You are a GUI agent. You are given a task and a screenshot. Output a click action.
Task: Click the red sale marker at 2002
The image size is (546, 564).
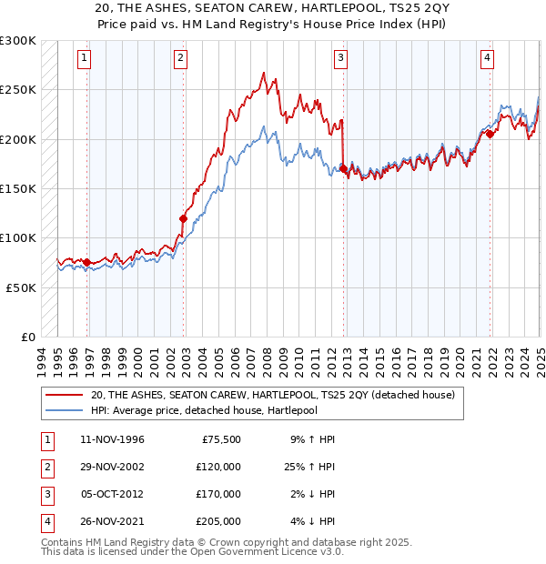[x=183, y=218]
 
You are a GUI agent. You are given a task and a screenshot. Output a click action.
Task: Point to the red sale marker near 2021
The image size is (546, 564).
[x=490, y=135]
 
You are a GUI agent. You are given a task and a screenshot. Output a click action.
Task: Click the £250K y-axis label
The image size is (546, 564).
[x=18, y=90]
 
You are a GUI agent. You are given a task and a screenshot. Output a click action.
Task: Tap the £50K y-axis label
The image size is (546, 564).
[x=21, y=287]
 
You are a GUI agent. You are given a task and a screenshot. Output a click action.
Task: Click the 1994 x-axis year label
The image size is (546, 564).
[x=40, y=360]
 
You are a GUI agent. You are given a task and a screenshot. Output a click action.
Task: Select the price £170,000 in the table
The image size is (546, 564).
[x=218, y=494]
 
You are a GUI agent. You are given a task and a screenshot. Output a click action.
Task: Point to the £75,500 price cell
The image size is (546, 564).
[x=221, y=439]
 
